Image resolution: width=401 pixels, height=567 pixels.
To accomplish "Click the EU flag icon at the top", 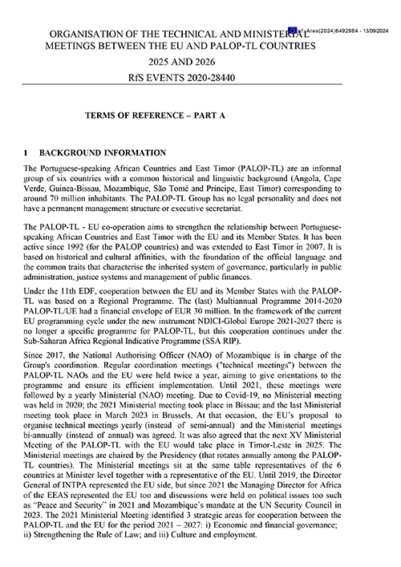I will point(294,30).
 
